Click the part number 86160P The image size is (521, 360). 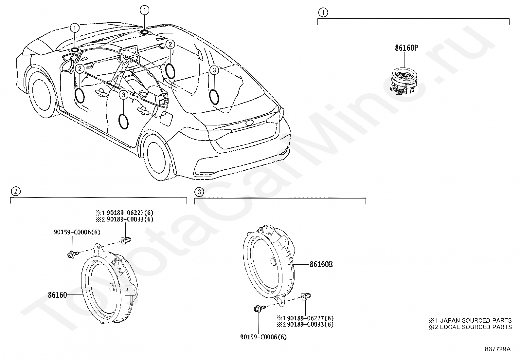[x=406, y=48]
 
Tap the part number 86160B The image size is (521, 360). [x=321, y=264]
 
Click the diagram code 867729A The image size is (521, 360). [x=497, y=349]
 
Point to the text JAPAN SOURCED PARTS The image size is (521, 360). [x=476, y=320]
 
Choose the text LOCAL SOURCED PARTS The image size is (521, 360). [x=476, y=327]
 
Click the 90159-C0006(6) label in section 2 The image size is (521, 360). [x=77, y=232]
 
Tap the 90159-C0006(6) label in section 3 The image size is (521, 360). [x=263, y=337]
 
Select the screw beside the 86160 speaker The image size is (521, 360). [x=73, y=255]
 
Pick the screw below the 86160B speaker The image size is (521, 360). [x=260, y=309]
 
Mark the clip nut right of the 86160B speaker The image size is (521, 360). [x=306, y=296]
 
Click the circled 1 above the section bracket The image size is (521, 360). [x=323, y=12]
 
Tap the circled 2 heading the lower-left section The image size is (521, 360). [x=16, y=191]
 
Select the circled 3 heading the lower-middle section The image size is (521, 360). [x=199, y=192]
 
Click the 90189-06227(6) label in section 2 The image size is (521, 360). [x=130, y=213]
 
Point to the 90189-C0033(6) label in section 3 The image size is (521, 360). [x=310, y=324]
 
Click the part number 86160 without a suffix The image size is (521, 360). [x=58, y=295]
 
